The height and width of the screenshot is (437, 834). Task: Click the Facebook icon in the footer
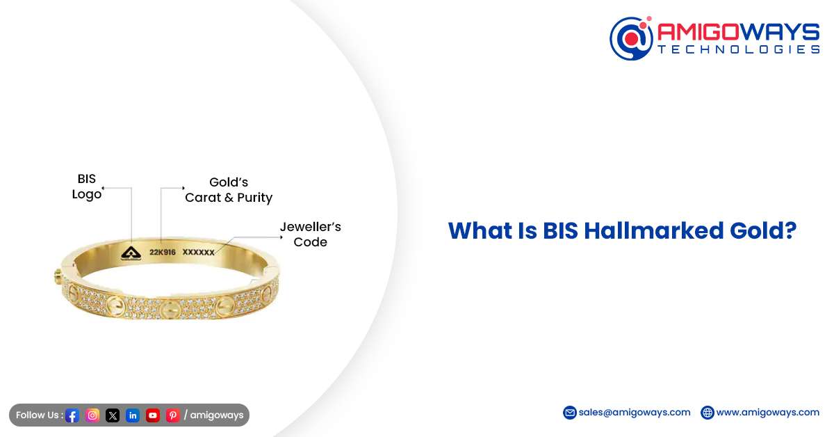tap(72, 415)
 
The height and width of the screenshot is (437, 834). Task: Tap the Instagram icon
tap(92, 415)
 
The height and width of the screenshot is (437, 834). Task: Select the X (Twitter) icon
tap(113, 415)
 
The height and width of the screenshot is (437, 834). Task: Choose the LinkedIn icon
tap(133, 415)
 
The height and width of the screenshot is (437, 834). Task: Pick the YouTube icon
tap(153, 415)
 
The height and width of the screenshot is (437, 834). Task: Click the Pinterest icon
tap(173, 415)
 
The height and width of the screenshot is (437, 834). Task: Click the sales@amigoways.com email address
tap(635, 412)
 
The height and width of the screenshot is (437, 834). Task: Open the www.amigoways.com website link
tap(767, 412)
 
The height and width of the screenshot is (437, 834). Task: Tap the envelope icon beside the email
tap(570, 413)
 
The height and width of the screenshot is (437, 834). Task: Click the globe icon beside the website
tap(708, 413)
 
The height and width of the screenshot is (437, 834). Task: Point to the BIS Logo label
tap(87, 187)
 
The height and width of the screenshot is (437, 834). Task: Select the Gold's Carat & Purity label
tap(229, 190)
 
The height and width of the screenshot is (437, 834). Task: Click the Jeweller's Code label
tap(310, 235)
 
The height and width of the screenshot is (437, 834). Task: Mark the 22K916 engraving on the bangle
tap(163, 253)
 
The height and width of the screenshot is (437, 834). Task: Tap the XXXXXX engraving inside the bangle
tap(198, 253)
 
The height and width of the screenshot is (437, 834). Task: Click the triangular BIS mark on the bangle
tap(131, 253)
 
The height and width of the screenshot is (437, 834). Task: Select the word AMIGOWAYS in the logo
tap(739, 31)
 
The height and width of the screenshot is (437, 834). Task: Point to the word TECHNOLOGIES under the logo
tap(739, 49)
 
